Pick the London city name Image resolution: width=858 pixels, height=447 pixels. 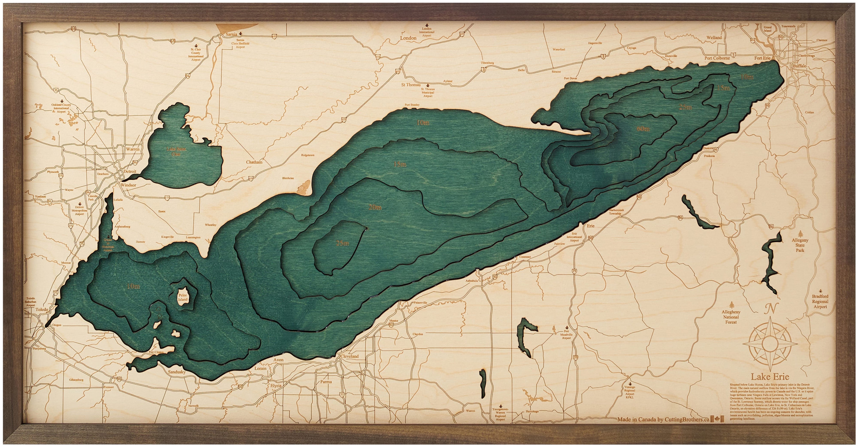click(x=408, y=47)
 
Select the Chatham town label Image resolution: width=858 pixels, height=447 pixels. click(x=254, y=162)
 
